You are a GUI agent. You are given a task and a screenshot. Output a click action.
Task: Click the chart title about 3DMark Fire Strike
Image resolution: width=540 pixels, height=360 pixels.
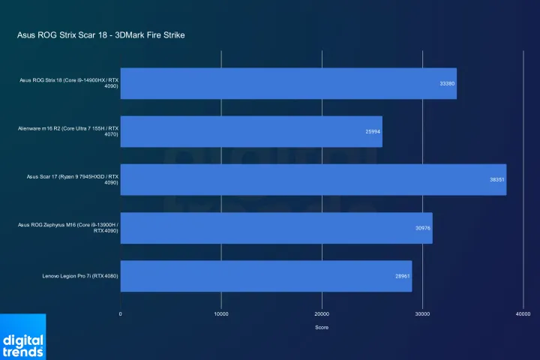click(x=100, y=35)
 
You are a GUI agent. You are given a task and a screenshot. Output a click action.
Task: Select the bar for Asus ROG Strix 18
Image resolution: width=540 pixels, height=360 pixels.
click(x=288, y=83)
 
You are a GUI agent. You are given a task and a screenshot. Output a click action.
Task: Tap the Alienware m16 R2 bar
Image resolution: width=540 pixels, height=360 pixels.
click(x=251, y=131)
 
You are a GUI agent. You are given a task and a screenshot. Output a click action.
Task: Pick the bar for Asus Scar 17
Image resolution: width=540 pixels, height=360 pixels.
click(x=313, y=179)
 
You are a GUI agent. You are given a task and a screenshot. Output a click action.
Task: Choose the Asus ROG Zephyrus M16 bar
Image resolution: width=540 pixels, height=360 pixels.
click(x=276, y=228)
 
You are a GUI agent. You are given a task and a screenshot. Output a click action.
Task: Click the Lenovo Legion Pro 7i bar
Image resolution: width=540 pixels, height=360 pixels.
click(x=266, y=276)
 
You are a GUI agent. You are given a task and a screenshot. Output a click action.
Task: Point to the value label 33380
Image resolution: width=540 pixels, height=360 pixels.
click(x=446, y=83)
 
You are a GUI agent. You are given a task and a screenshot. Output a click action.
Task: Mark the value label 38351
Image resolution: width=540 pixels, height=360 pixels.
click(x=496, y=179)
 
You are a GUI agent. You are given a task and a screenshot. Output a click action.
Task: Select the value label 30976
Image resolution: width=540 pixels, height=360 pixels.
click(x=422, y=228)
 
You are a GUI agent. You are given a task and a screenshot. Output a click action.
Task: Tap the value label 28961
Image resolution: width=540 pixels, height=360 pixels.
click(x=402, y=276)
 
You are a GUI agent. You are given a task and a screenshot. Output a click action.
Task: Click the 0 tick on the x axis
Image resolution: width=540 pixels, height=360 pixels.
click(x=121, y=313)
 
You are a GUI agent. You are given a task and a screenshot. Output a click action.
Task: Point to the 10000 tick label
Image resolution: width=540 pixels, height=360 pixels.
click(x=221, y=313)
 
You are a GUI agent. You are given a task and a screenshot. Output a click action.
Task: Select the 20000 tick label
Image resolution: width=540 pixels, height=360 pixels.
click(x=322, y=313)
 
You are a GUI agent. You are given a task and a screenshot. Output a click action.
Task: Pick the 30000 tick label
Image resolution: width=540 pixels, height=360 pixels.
click(x=422, y=313)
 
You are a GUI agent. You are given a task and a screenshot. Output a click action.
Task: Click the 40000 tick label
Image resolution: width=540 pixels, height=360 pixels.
click(x=523, y=313)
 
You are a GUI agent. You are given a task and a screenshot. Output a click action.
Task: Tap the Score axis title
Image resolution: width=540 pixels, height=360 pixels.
click(x=322, y=328)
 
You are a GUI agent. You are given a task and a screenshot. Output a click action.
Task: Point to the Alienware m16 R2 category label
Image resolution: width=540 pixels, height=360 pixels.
click(x=68, y=131)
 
